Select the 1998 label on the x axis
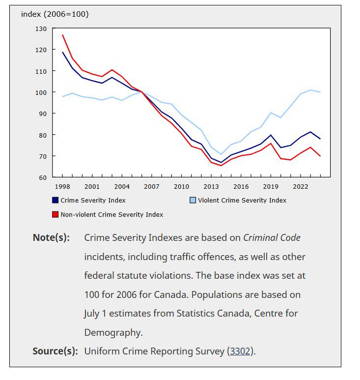tap(62, 187)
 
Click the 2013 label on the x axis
tap(211, 187)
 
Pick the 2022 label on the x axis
tap(301, 187)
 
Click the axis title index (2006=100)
tap(55, 14)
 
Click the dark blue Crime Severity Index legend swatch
tap(55, 200)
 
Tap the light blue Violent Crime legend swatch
tap(193, 200)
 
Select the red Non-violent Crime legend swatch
tap(55, 214)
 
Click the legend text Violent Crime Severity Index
tap(242, 201)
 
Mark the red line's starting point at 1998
tap(63, 35)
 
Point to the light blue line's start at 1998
tap(63, 96)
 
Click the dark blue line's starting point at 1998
tap(63, 52)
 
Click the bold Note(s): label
tap(51, 238)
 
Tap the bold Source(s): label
tap(55, 351)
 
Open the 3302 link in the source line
tap(240, 351)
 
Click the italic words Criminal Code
tap(272, 238)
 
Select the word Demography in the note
tap(112, 333)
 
